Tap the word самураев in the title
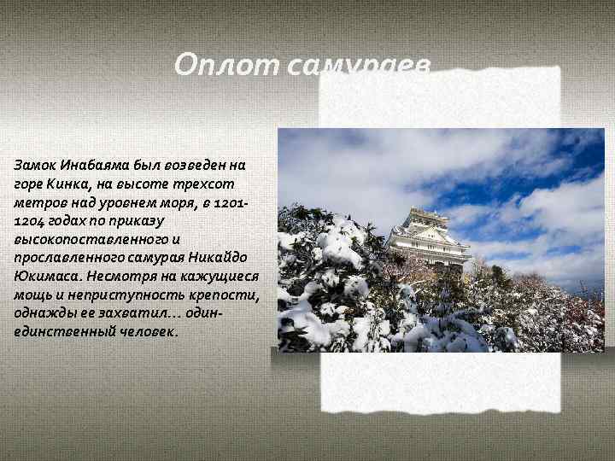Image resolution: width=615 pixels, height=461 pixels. [360, 65]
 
